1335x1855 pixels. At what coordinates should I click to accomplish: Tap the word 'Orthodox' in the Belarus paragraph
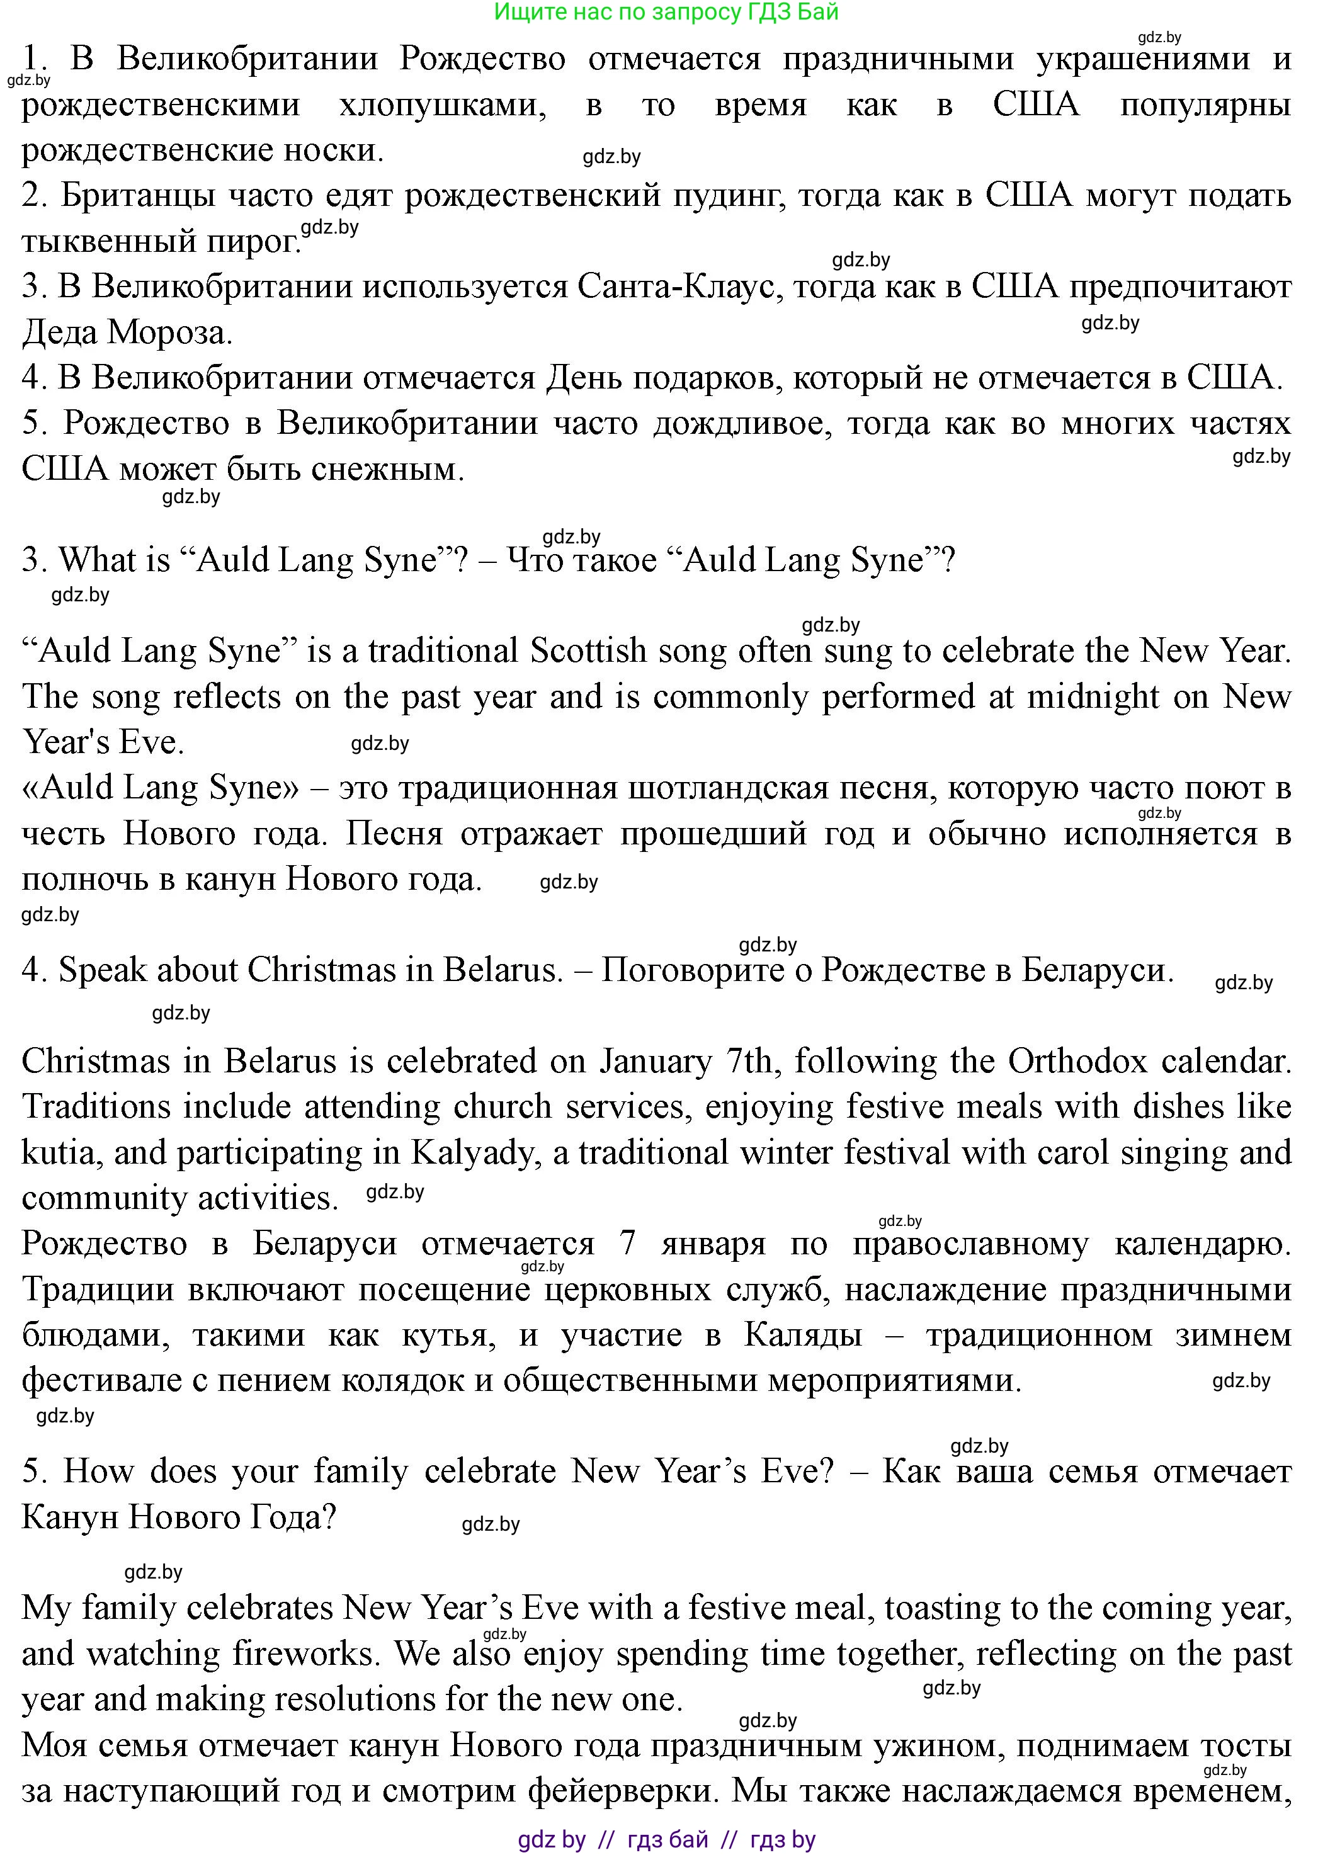[1077, 1062]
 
